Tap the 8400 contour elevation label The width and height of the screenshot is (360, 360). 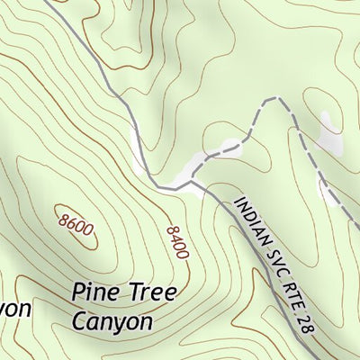[x=177, y=242]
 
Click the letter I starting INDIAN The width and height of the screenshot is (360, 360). [x=238, y=200]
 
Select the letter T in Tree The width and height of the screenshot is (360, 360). [x=133, y=294]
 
